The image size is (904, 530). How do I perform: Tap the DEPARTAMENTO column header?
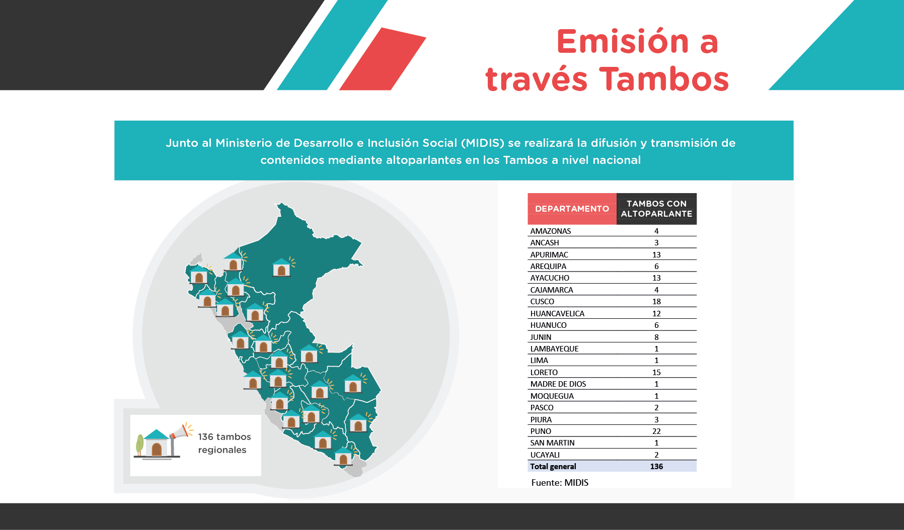[x=572, y=209]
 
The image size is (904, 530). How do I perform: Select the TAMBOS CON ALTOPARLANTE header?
[x=656, y=209]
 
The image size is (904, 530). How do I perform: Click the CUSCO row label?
[x=542, y=302]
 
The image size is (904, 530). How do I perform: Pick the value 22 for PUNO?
[x=656, y=431]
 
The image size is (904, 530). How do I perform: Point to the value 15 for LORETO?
[x=656, y=373]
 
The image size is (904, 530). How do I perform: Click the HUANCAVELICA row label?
[x=557, y=314]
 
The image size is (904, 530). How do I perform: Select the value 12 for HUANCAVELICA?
[x=656, y=314]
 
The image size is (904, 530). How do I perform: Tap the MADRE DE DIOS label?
[x=558, y=384]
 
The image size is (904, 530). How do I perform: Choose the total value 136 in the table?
[x=656, y=467]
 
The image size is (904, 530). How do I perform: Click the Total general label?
[x=553, y=467]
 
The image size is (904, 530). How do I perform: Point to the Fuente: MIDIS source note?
[x=560, y=483]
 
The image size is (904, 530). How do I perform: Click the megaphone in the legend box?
[x=179, y=433]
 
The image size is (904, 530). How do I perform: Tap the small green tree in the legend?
[x=140, y=445]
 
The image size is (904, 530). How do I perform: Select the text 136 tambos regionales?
[x=224, y=443]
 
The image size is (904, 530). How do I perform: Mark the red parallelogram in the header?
[x=383, y=59]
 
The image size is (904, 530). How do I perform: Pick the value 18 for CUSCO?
[x=656, y=302]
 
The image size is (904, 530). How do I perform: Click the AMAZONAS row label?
[x=551, y=231]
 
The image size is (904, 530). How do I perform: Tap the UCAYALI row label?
[x=545, y=455]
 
